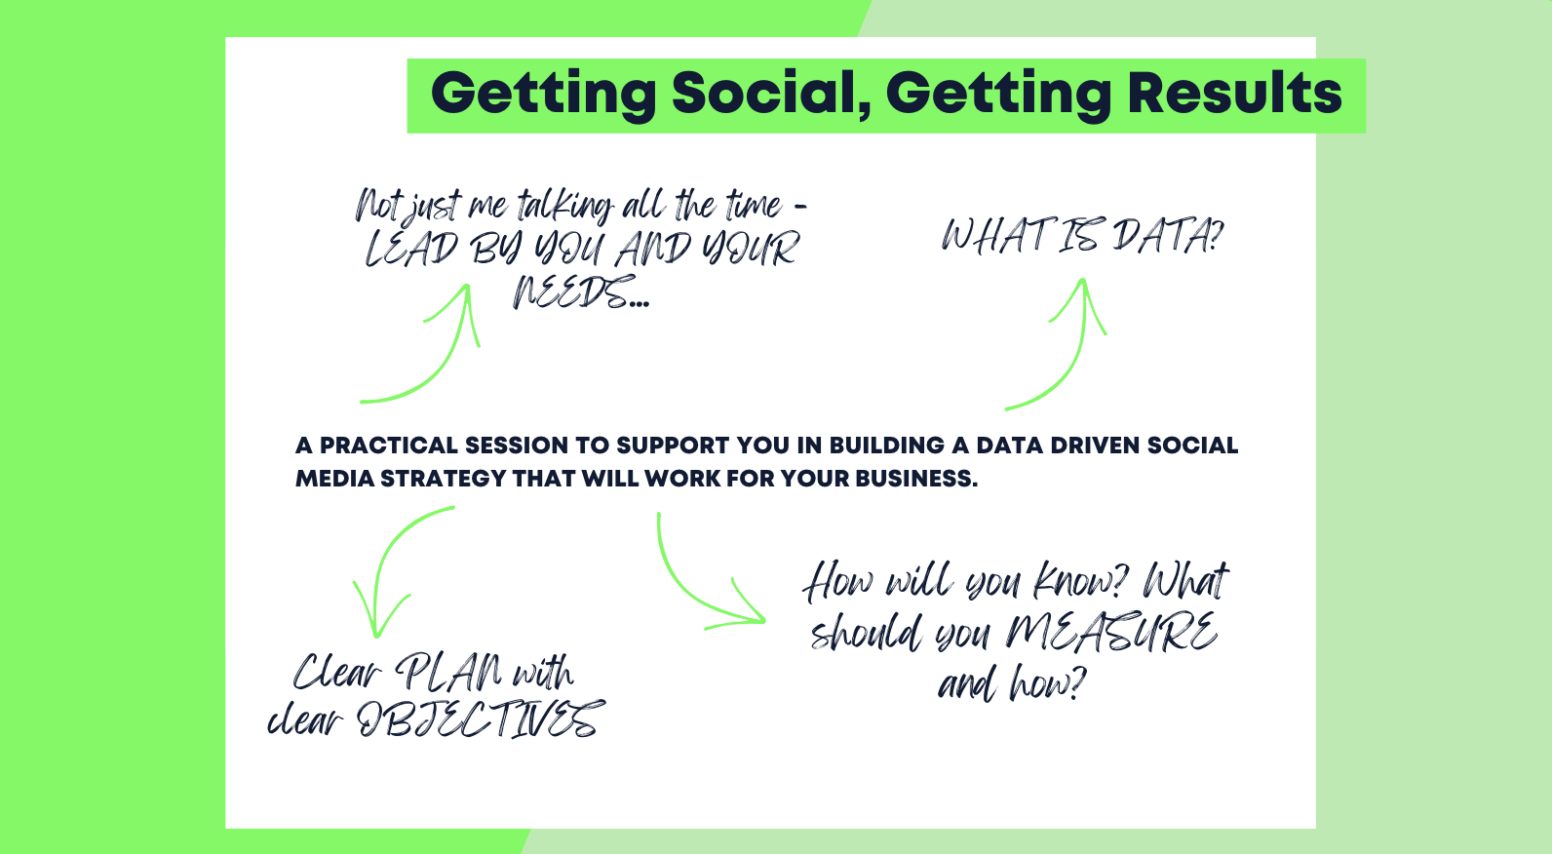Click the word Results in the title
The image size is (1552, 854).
tap(1234, 94)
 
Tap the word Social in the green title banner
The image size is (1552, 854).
tap(771, 94)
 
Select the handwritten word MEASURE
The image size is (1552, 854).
tap(1111, 633)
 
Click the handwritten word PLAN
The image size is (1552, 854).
tap(448, 672)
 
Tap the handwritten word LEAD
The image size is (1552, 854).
tap(411, 249)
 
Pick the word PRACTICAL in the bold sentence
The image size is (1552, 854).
tap(389, 446)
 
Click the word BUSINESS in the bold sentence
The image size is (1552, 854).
tap(915, 479)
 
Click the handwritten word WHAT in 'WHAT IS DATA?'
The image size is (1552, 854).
tap(994, 237)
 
